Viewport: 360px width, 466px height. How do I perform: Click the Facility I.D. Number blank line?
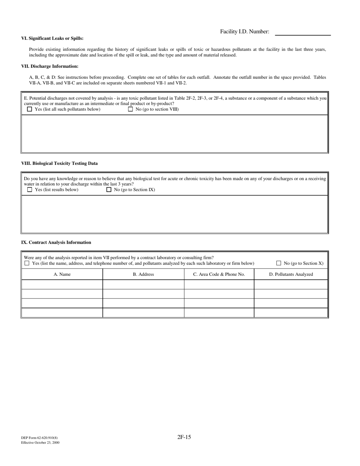click(302, 33)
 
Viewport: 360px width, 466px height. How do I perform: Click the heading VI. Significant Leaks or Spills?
click(52, 38)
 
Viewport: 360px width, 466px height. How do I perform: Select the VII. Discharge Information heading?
click(50, 66)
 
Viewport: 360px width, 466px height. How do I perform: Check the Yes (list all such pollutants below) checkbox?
click(30, 109)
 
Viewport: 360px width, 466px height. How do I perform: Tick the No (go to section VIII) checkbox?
click(130, 109)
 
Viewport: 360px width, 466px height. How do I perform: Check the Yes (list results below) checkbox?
click(30, 189)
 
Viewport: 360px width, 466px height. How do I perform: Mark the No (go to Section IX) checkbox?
click(109, 189)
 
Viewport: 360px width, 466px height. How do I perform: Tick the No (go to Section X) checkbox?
click(279, 263)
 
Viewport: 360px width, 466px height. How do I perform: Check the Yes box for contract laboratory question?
click(27, 263)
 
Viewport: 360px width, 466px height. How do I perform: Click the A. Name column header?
click(62, 274)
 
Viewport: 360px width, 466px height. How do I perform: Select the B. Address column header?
click(143, 274)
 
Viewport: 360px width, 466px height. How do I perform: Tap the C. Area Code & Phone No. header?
click(219, 274)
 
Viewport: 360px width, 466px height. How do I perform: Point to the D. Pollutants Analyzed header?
click(291, 274)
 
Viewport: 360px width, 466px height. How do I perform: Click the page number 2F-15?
click(184, 437)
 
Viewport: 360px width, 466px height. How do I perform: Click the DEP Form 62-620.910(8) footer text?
click(39, 438)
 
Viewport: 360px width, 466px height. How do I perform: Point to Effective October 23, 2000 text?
click(40, 443)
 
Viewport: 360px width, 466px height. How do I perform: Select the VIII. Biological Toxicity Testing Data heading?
click(59, 163)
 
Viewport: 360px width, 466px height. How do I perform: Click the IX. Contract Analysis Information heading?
click(56, 242)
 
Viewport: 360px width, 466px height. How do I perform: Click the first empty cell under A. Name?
click(62, 285)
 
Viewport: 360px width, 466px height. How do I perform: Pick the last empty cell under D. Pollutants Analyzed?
click(291, 313)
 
